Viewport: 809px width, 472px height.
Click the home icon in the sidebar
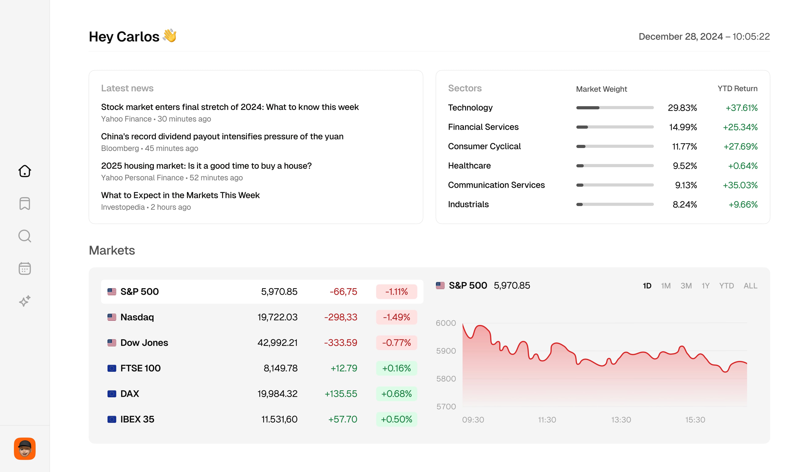coord(25,171)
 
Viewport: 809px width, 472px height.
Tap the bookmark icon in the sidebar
coord(25,203)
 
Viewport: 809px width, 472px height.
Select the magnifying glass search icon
coord(25,236)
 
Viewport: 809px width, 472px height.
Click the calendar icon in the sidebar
coord(25,269)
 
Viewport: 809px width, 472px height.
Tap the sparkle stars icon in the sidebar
coord(25,301)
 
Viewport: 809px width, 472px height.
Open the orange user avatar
coord(25,449)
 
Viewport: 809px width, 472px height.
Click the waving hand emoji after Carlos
coord(170,36)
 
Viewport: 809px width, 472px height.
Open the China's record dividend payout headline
coord(222,136)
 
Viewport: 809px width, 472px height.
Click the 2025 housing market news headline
coord(206,166)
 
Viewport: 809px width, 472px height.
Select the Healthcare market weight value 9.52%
coord(685,166)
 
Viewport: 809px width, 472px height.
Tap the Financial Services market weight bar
coord(615,127)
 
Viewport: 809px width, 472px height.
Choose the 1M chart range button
coord(666,285)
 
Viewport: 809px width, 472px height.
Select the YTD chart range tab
coord(726,285)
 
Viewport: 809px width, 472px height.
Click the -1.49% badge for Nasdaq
coord(396,317)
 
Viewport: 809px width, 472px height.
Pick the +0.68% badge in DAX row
coord(396,394)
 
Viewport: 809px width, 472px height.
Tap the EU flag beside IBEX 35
coord(112,419)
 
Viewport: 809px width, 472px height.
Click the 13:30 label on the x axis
coord(621,420)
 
